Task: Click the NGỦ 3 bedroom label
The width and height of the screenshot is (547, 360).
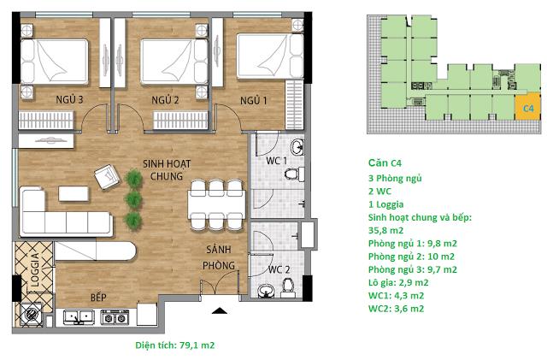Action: click(x=69, y=99)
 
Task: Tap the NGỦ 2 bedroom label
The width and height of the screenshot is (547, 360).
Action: click(x=165, y=100)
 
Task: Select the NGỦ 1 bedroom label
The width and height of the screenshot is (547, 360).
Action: click(x=254, y=101)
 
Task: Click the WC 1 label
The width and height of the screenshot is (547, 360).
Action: click(x=276, y=161)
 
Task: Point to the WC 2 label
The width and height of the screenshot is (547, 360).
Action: click(x=279, y=269)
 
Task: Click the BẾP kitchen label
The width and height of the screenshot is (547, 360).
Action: click(x=98, y=297)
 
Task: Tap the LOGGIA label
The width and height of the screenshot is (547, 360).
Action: click(x=35, y=269)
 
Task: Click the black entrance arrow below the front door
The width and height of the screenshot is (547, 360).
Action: click(x=220, y=310)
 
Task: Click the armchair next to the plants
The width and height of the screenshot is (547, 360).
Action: click(x=108, y=177)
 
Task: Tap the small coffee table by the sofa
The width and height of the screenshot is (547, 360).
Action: click(x=74, y=194)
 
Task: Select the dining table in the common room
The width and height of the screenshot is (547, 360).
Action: click(x=216, y=204)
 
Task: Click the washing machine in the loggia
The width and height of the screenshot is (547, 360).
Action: click(x=31, y=314)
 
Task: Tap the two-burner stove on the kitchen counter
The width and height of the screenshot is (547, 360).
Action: click(x=115, y=317)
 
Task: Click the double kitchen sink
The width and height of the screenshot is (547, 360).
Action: click(x=79, y=317)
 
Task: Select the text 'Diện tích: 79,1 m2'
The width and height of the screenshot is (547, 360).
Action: click(x=175, y=345)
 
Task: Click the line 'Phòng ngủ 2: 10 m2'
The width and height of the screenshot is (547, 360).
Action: click(x=411, y=257)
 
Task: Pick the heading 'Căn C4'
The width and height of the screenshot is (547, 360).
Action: click(x=385, y=162)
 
